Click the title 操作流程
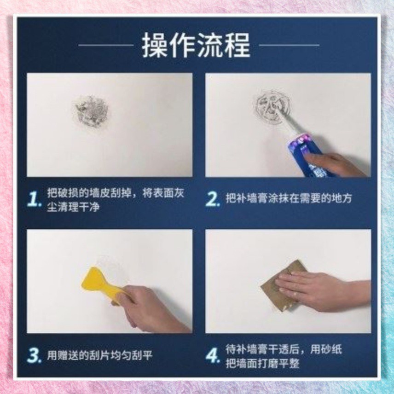coord(197,45)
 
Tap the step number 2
coord(212,199)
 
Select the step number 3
coord(35,355)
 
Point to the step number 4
coord(212,355)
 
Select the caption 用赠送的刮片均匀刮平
coord(100,355)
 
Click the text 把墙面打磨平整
coord(262,364)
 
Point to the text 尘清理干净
coord(74,208)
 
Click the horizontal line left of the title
coord(106,45)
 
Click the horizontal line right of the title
coord(289,45)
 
